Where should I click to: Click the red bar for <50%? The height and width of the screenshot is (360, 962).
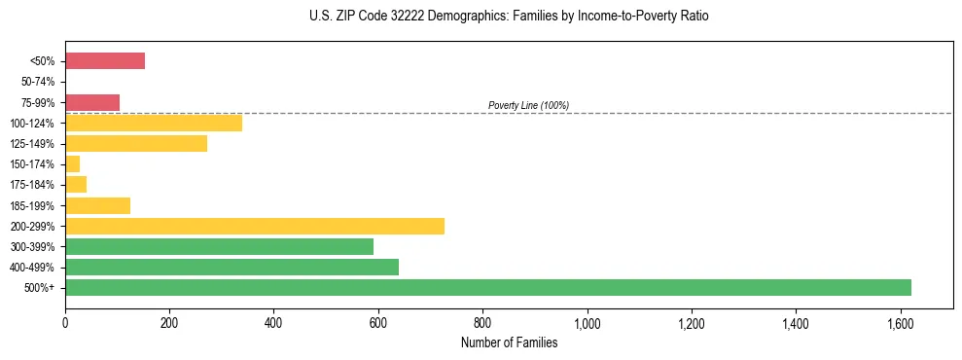point(105,61)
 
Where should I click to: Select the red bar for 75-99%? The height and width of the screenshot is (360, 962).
point(92,102)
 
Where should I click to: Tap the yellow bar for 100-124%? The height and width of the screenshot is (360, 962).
point(154,123)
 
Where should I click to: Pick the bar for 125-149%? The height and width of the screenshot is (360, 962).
point(136,144)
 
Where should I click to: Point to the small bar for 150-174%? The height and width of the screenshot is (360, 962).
point(73,164)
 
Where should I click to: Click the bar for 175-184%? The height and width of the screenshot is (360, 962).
point(76,185)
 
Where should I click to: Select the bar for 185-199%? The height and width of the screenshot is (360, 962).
point(97,205)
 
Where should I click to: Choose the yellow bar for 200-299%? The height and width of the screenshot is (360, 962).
point(255,226)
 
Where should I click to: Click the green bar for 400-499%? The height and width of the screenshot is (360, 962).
point(232,267)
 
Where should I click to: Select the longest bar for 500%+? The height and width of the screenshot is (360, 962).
point(488,287)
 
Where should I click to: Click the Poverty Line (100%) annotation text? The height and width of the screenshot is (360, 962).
point(528,105)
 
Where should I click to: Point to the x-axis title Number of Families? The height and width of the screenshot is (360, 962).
point(509,342)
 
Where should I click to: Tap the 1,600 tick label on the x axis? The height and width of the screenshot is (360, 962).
point(900,322)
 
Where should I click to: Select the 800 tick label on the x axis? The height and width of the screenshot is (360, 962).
point(482,322)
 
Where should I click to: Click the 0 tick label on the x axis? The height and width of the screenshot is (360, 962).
point(65,322)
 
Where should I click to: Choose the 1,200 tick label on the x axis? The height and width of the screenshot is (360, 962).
point(692,322)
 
